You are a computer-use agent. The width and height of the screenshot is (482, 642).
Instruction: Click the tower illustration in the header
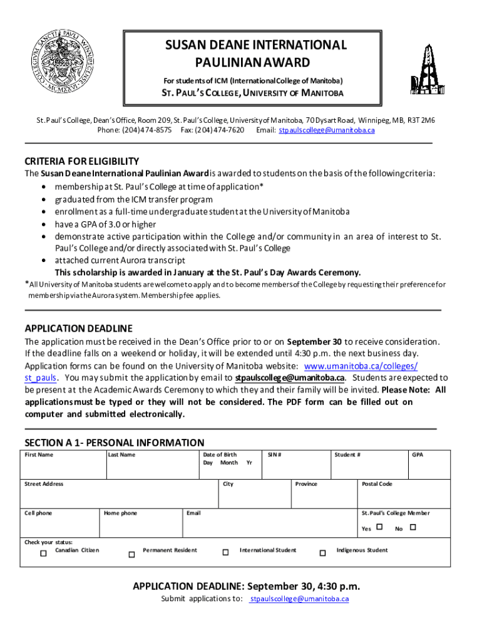pyautogui.click(x=424, y=63)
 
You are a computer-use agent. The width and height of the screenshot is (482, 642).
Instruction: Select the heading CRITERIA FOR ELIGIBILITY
pyautogui.click(x=81, y=160)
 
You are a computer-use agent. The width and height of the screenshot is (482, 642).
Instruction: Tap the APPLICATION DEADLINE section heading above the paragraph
pyautogui.click(x=78, y=329)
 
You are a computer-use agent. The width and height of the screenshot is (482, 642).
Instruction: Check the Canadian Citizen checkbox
pyautogui.click(x=43, y=554)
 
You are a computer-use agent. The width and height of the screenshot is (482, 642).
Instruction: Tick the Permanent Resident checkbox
pyautogui.click(x=131, y=554)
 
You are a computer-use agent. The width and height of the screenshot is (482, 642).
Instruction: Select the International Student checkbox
pyautogui.click(x=225, y=552)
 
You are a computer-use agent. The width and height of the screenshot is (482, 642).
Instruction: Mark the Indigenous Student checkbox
pyautogui.click(x=323, y=553)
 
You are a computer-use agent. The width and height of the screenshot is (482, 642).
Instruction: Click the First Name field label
pyautogui.click(x=39, y=455)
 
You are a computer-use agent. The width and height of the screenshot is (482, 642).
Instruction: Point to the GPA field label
pyautogui.click(x=418, y=455)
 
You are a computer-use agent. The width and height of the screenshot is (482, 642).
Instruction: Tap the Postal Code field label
pyautogui.click(x=377, y=484)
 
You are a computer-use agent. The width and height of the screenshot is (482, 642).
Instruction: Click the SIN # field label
pyautogui.click(x=274, y=455)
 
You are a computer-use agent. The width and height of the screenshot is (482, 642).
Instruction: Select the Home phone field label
pyautogui.click(x=120, y=513)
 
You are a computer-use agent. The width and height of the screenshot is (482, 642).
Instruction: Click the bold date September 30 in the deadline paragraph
pyautogui.click(x=314, y=342)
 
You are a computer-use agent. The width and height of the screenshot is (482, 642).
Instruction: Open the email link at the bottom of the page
pyautogui.click(x=299, y=599)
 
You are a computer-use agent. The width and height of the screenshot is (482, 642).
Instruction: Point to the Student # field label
pyautogui.click(x=347, y=455)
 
